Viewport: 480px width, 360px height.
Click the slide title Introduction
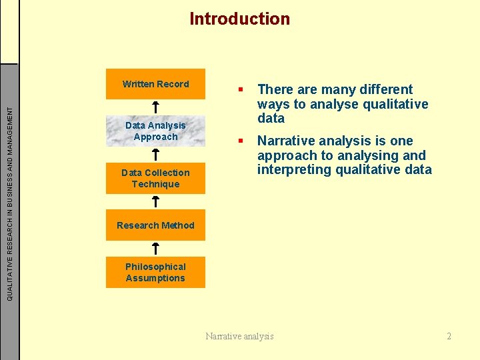(239, 19)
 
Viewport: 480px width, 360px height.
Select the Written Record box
(155, 84)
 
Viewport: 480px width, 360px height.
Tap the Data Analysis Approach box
(155, 131)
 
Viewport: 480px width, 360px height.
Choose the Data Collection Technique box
(155, 178)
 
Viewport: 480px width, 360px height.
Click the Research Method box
(155, 225)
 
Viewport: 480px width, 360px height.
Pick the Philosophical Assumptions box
(155, 272)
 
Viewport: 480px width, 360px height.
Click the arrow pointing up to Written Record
(155, 107)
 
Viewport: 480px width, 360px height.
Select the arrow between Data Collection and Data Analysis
(155, 154)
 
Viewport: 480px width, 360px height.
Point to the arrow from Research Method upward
(155, 201)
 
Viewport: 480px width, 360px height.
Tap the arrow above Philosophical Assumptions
(155, 249)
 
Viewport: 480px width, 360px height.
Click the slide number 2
(449, 336)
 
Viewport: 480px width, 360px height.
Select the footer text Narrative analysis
(239, 336)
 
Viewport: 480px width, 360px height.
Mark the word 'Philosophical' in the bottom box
(155, 267)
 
